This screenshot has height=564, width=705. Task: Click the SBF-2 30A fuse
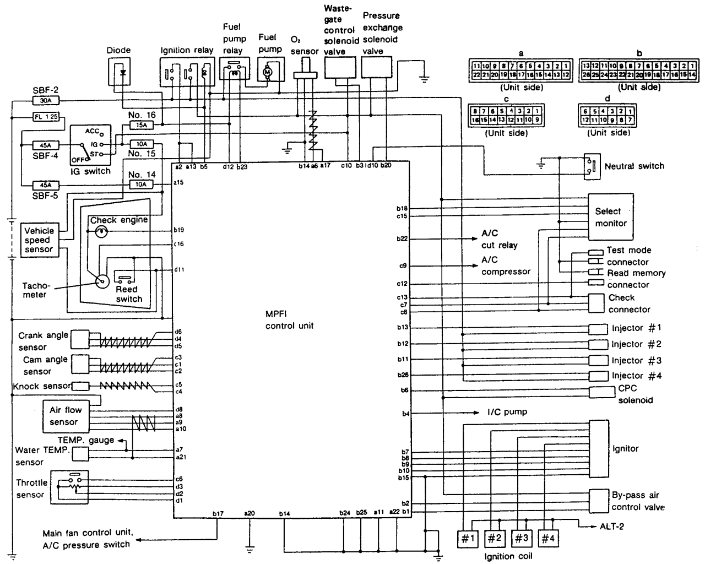coord(45,101)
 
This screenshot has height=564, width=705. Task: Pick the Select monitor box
coord(610,216)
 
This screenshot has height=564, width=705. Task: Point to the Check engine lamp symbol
coord(101,232)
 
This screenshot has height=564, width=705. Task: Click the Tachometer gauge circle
coord(102,282)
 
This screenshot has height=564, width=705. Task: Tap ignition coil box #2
coord(494,538)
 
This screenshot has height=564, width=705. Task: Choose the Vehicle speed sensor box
coord(39,240)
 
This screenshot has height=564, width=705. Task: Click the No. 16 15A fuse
coord(141,126)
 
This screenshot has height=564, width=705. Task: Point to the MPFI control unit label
coord(289,319)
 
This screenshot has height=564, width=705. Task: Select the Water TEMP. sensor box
coord(80,454)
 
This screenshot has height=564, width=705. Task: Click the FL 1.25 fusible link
coord(45,117)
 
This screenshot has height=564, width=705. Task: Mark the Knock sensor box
coord(80,386)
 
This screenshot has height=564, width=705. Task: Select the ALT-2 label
coord(611,527)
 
